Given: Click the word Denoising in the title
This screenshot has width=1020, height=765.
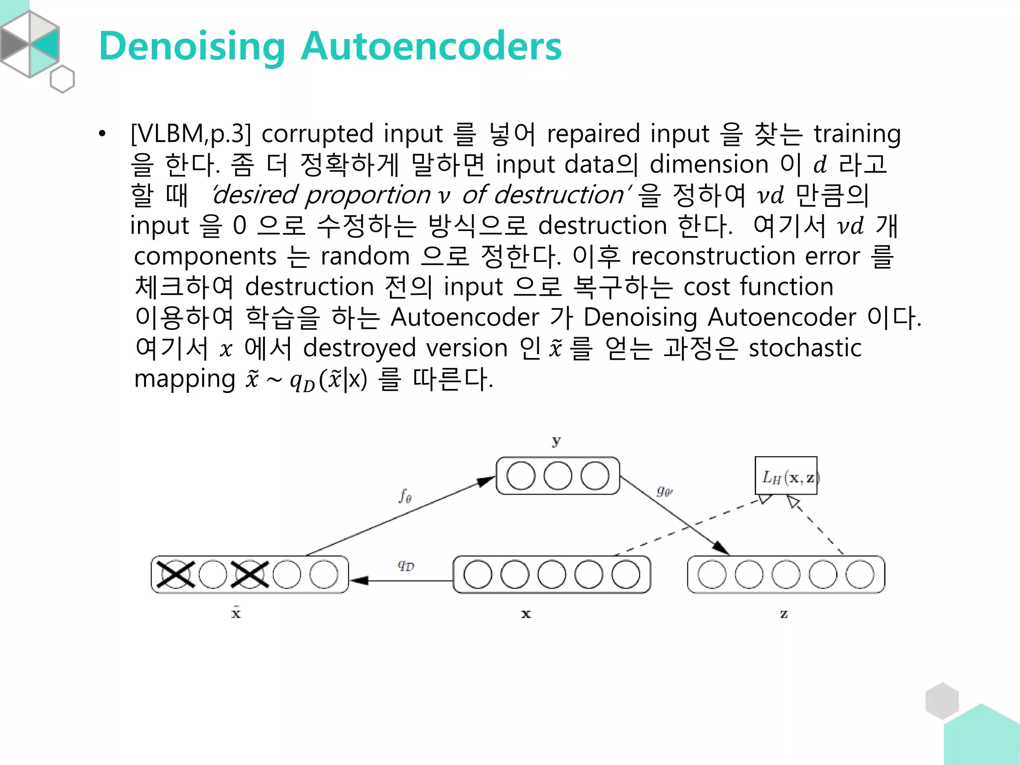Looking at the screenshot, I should pyautogui.click(x=192, y=46).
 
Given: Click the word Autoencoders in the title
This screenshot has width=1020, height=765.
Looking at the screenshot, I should pyautogui.click(x=431, y=46).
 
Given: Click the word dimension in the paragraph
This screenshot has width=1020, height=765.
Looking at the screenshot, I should pyautogui.click(x=709, y=164).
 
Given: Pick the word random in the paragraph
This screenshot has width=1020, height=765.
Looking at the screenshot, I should pyautogui.click(x=365, y=256).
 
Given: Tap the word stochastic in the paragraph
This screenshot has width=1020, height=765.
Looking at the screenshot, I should pyautogui.click(x=805, y=348).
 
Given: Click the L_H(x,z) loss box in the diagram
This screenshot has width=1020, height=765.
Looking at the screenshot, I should pyautogui.click(x=786, y=476).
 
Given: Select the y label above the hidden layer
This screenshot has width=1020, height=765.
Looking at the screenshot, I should pyautogui.click(x=556, y=441).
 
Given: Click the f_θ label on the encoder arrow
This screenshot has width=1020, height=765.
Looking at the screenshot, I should pyautogui.click(x=405, y=496).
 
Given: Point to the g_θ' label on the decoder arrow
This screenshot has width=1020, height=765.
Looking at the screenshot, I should pyautogui.click(x=664, y=492).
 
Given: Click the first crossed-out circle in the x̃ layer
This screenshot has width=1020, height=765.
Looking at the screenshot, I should pyautogui.click(x=175, y=574).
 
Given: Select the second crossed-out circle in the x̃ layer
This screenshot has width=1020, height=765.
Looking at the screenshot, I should pyautogui.click(x=250, y=574).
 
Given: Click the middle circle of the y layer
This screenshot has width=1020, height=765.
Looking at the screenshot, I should pyautogui.click(x=558, y=476).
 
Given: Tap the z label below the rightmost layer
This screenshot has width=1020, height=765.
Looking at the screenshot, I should pyautogui.click(x=784, y=614).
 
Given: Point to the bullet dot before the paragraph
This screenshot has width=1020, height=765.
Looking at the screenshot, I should pyautogui.click(x=102, y=134).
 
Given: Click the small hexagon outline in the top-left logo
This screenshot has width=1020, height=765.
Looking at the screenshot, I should pyautogui.click(x=62, y=79).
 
